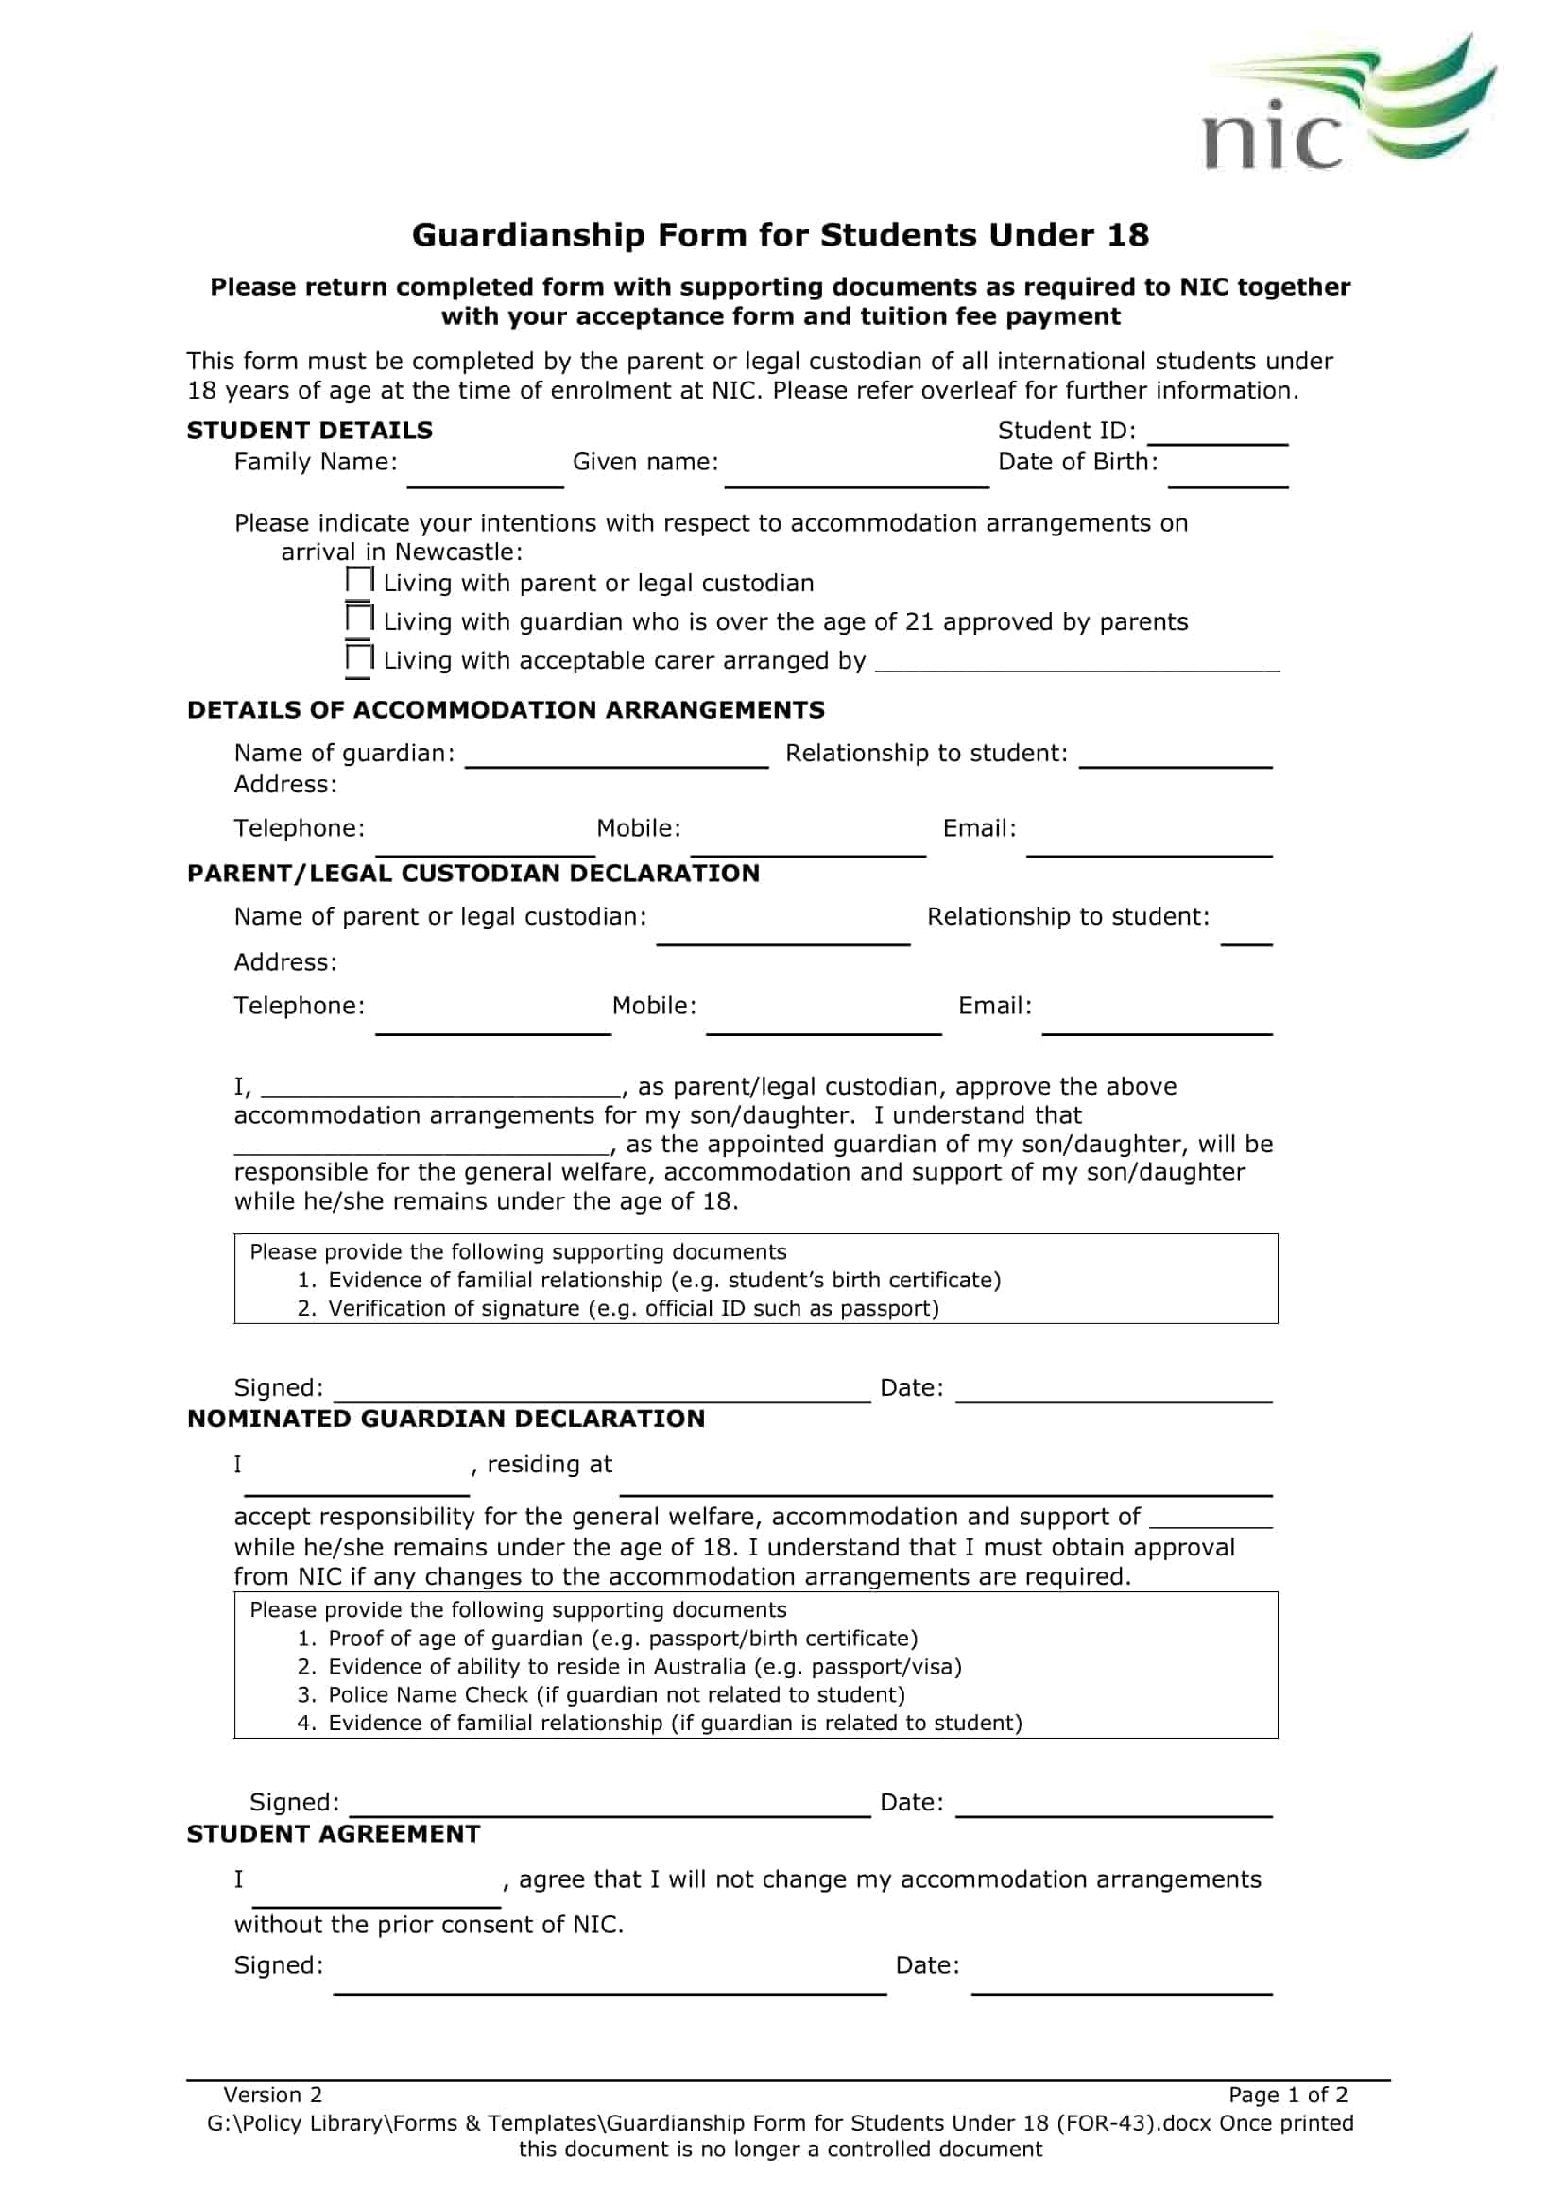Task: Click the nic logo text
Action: click(1271, 139)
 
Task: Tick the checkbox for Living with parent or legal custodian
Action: click(359, 580)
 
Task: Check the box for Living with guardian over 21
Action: click(359, 619)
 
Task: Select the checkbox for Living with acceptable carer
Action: click(359, 658)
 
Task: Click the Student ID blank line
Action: click(1217, 441)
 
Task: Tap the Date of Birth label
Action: click(1077, 462)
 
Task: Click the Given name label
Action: click(644, 462)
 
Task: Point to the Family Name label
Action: click(316, 462)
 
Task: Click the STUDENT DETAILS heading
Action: click(309, 430)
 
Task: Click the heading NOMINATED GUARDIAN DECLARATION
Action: click(446, 1419)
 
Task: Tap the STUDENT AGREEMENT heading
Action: click(333, 1834)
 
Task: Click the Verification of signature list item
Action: click(632, 1308)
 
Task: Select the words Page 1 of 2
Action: click(1288, 2096)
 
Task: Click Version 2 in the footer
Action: click(272, 2096)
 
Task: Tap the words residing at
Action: click(550, 1465)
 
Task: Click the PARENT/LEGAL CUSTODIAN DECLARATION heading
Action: click(472, 874)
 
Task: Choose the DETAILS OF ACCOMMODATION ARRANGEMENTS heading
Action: click(506, 710)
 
